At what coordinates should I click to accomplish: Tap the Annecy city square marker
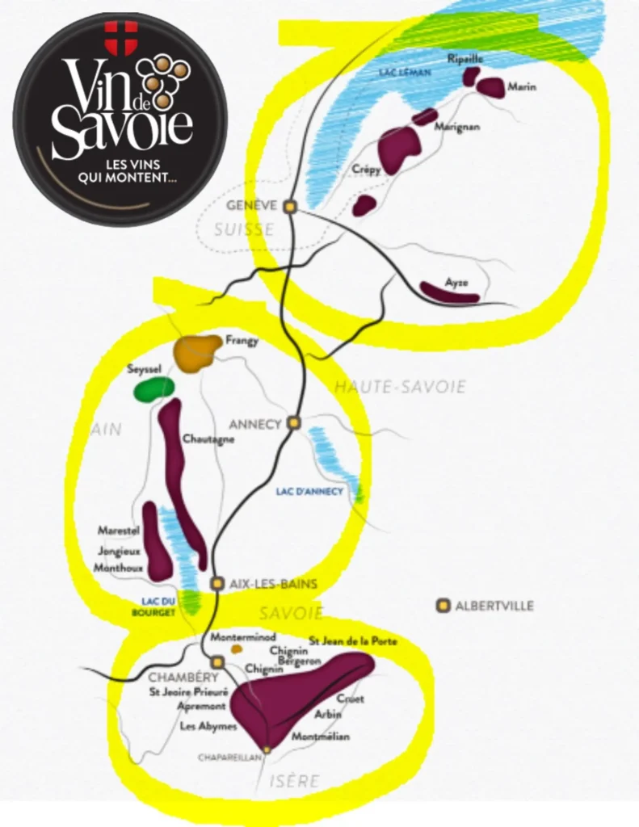[x=294, y=422]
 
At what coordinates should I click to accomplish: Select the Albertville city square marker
[x=442, y=605]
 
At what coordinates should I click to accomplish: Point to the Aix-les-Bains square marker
[x=217, y=583]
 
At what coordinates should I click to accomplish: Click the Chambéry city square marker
[x=217, y=661]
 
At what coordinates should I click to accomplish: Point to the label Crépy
[x=366, y=170]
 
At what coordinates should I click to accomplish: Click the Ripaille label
[x=465, y=58]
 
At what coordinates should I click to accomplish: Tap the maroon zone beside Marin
[x=490, y=87]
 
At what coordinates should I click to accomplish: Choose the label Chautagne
[x=208, y=439]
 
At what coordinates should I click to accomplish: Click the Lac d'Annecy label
[x=309, y=491]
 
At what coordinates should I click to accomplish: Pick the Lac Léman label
[x=405, y=73]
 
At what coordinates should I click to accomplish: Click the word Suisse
[x=244, y=230]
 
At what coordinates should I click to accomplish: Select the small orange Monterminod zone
[x=237, y=649]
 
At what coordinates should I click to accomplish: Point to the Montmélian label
[x=321, y=737]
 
